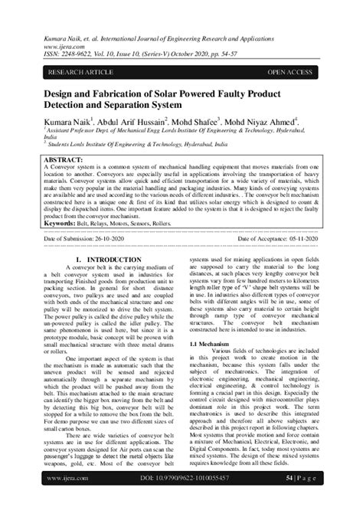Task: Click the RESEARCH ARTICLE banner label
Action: (x=80, y=71)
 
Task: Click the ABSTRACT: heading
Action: (x=67, y=157)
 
